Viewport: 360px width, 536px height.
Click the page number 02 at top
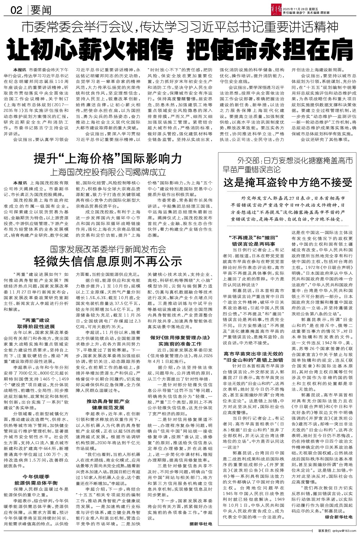(x=16, y=11)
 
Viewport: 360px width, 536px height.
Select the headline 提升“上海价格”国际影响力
(x=108, y=158)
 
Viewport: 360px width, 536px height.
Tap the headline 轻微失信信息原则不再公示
(x=108, y=261)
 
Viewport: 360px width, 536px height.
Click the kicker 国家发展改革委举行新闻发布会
(x=108, y=249)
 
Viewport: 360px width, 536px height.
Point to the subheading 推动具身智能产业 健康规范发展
(x=108, y=404)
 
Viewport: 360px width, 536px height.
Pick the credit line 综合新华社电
(x=338, y=517)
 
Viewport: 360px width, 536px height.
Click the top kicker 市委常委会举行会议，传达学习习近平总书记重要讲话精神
(x=180, y=28)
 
